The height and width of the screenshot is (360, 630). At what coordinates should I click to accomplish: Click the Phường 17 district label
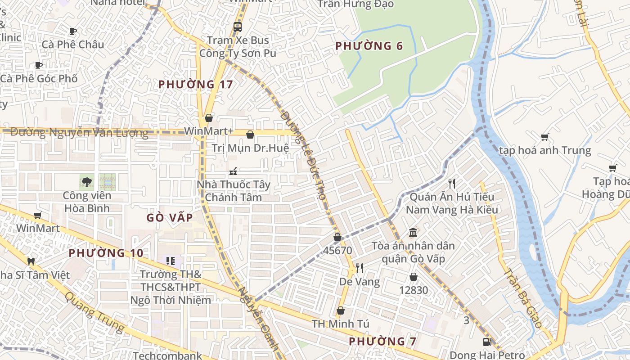coord(196,84)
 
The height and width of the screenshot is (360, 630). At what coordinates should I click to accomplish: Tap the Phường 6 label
coord(369,46)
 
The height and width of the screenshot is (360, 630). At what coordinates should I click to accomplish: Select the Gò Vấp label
coord(170,218)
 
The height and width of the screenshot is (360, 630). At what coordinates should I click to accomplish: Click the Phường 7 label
coord(382,341)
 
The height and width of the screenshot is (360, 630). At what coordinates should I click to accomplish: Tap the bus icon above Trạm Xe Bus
coord(237,27)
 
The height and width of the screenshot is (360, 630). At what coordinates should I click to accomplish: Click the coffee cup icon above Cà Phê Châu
coord(73,31)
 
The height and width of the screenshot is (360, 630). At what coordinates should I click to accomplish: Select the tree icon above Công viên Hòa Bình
coord(86,182)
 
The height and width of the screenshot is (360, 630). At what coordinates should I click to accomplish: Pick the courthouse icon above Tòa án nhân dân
coord(413,232)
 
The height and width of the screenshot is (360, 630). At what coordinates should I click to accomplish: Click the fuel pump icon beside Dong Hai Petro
coord(486,342)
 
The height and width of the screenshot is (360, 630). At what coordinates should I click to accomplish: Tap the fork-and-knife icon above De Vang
coord(359,268)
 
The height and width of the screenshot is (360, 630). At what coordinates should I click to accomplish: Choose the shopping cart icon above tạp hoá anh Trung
coord(544,137)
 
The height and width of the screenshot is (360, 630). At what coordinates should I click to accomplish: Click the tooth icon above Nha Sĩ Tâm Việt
coord(31,261)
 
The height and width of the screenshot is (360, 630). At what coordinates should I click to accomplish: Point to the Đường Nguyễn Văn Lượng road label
coord(79,133)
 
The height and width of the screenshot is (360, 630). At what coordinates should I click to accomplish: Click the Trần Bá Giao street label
coord(522,297)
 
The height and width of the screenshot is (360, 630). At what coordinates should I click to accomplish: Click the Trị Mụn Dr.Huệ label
coord(250,148)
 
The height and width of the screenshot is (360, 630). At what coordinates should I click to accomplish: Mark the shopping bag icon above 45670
coord(337,237)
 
